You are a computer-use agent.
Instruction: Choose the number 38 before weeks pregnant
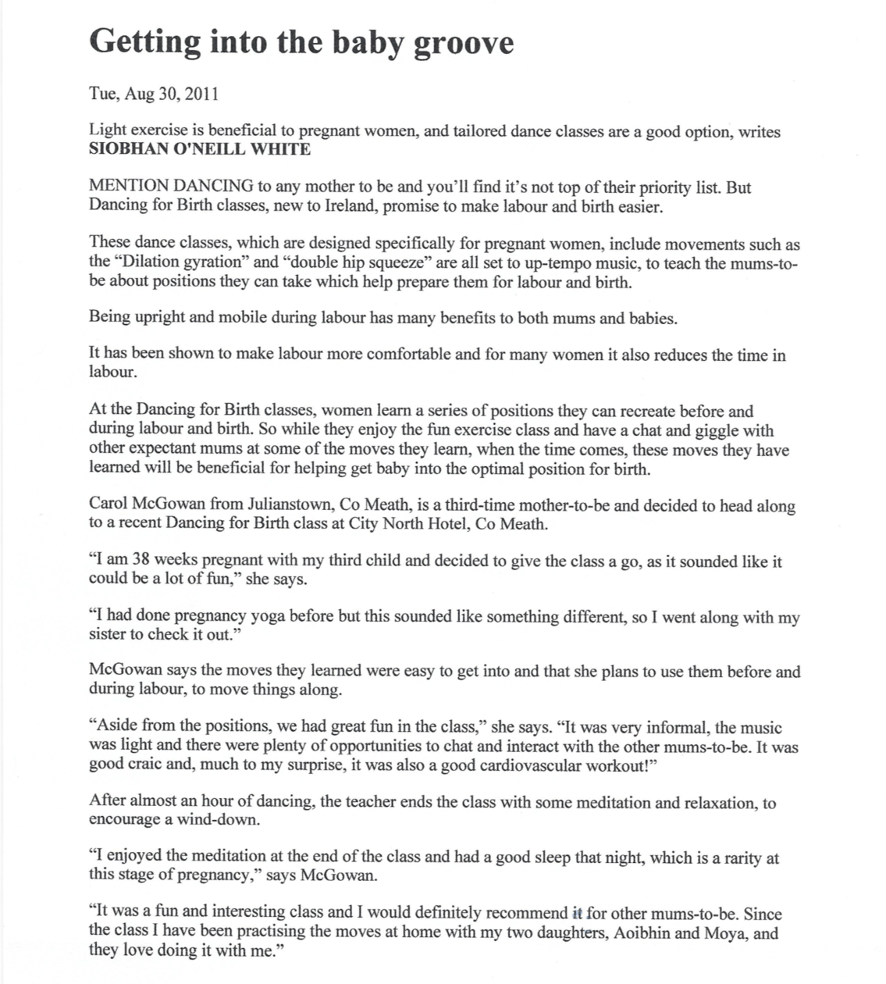pos(141,560)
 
